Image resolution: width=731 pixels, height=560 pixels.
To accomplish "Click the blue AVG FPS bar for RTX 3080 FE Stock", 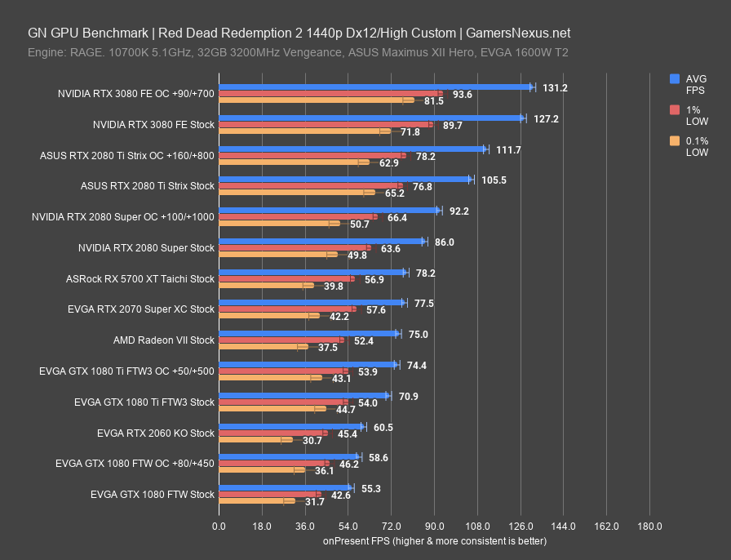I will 371,118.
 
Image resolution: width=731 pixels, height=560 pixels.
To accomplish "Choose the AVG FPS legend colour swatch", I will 674,79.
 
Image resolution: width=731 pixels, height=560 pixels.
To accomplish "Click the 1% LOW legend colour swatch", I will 674,110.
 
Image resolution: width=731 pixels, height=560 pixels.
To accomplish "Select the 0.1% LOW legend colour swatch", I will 674,141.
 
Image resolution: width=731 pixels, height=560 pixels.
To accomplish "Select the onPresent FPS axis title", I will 434,540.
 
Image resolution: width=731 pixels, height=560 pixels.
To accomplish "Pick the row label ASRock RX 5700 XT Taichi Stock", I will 140,278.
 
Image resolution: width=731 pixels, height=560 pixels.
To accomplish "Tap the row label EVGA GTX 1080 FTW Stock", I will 153,494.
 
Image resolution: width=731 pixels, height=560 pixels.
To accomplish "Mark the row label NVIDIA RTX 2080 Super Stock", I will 147,247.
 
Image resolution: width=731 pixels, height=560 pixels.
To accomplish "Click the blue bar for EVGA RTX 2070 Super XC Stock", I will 312,302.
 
